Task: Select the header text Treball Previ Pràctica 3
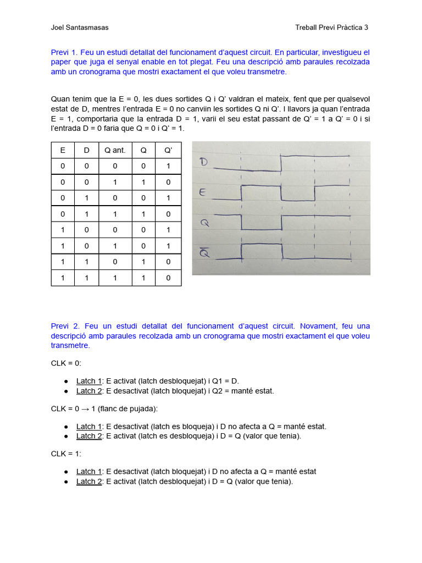click(x=332, y=27)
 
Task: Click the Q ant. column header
click(x=115, y=150)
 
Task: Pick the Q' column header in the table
click(x=168, y=150)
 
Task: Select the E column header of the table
click(x=63, y=150)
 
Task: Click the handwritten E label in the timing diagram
click(x=203, y=192)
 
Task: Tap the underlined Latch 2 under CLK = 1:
click(x=89, y=482)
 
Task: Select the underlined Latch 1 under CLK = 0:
click(x=89, y=381)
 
